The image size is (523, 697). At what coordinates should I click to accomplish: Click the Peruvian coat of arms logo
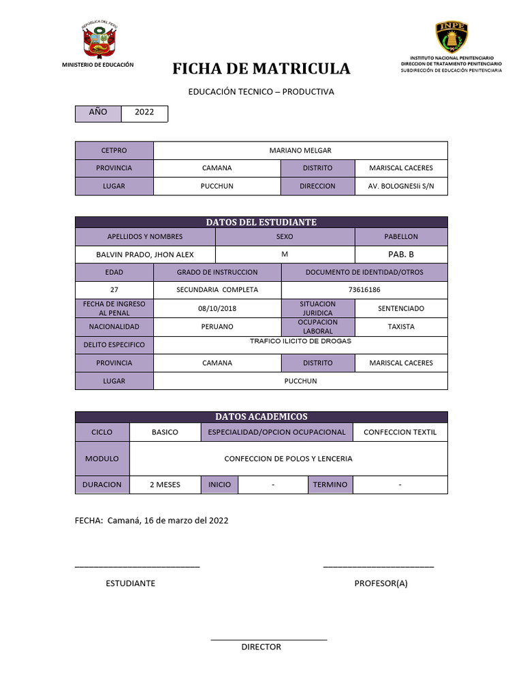pyautogui.click(x=98, y=40)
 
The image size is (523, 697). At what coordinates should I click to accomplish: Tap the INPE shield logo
pyautogui.click(x=451, y=37)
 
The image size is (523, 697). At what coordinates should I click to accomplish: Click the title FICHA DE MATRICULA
pyautogui.click(x=261, y=69)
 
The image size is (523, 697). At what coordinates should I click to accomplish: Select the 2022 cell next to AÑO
pyautogui.click(x=144, y=113)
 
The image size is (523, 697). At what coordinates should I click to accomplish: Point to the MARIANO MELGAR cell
pyautogui.click(x=300, y=150)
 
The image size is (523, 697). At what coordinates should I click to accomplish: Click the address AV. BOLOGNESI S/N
pyautogui.click(x=401, y=186)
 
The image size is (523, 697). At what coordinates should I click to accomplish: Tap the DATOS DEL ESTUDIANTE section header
pyautogui.click(x=261, y=222)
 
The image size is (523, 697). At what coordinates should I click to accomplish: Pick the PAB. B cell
pyautogui.click(x=401, y=254)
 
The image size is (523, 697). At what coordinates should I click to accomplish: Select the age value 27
pyautogui.click(x=114, y=290)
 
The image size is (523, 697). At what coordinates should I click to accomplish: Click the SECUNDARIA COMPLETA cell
pyautogui.click(x=217, y=290)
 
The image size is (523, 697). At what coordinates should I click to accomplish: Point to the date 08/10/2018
pyautogui.click(x=217, y=308)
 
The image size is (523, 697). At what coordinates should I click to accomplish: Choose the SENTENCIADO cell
pyautogui.click(x=401, y=308)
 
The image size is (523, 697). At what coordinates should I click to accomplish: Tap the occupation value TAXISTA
pyautogui.click(x=401, y=327)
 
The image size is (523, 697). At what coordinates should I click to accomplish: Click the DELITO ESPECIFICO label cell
pyautogui.click(x=114, y=345)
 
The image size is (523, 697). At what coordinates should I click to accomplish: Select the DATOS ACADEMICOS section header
pyautogui.click(x=261, y=417)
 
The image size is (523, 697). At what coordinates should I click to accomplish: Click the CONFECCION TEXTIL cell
pyautogui.click(x=400, y=432)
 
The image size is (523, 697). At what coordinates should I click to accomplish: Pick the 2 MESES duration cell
pyautogui.click(x=165, y=485)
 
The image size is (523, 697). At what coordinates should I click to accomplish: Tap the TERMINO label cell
pyautogui.click(x=330, y=485)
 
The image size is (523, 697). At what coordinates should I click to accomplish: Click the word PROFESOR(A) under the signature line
pyautogui.click(x=381, y=583)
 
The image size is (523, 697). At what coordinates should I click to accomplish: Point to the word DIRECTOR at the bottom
pyautogui.click(x=261, y=647)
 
